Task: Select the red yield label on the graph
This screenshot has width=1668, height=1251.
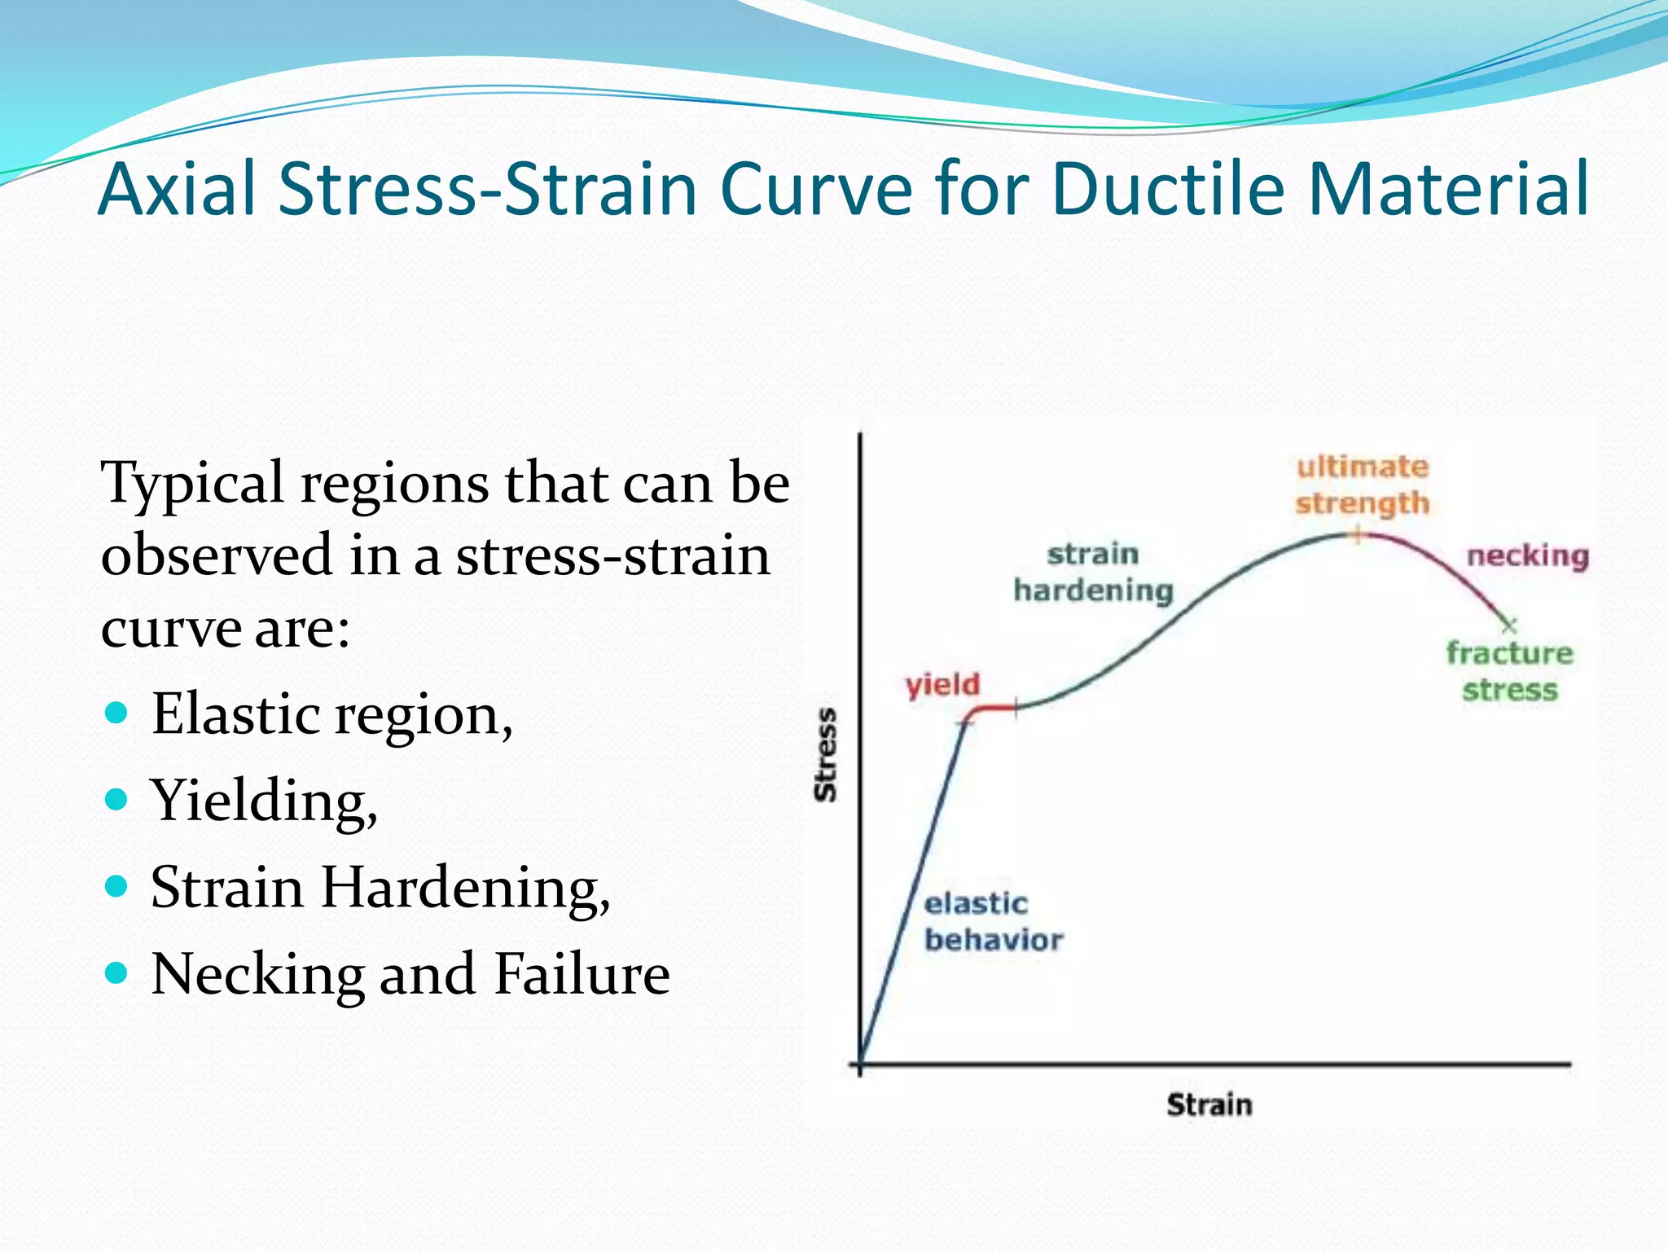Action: [942, 685]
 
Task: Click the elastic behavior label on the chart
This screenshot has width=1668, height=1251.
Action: [993, 922]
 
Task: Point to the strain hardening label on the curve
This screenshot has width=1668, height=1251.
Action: [1093, 573]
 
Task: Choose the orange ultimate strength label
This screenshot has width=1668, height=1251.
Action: [1363, 485]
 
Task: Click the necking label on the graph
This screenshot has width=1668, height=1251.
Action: [1528, 556]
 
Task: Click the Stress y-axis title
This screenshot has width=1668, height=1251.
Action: [826, 755]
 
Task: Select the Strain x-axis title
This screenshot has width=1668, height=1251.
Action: [1209, 1105]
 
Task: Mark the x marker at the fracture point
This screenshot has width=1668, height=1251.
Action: [1508, 625]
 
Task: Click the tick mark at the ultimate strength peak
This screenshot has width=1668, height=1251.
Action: [1357, 535]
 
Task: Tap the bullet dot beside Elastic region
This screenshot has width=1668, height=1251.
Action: [117, 713]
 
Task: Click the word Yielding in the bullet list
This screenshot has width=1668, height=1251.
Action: [262, 801]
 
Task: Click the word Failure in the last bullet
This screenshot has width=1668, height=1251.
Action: [582, 974]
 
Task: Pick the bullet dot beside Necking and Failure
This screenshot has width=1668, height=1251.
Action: [117, 972]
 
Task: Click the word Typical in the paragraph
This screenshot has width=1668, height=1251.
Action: [192, 484]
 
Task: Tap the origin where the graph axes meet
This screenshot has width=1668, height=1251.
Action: [861, 1064]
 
